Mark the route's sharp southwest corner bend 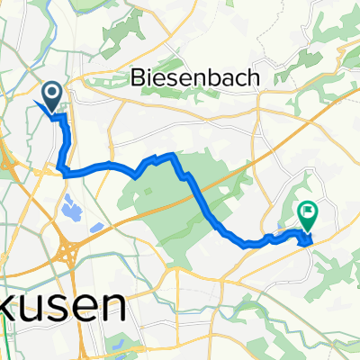click(x=61, y=169)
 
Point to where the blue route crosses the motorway click(x=193, y=179)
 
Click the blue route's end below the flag click(x=310, y=239)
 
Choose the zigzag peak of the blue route click(x=171, y=155)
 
